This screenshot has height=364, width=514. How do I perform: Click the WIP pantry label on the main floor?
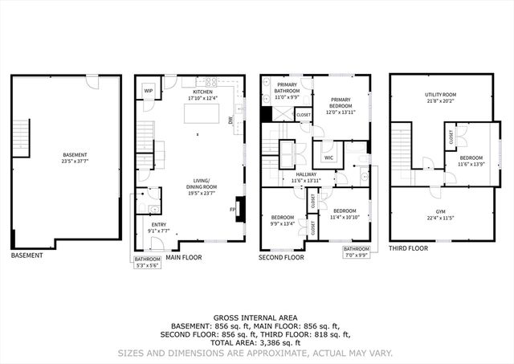click(149, 91)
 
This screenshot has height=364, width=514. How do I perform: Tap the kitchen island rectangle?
click(202, 114)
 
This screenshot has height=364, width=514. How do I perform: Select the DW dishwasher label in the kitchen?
click(230, 121)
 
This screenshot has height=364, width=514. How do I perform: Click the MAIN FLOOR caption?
click(184, 258)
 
